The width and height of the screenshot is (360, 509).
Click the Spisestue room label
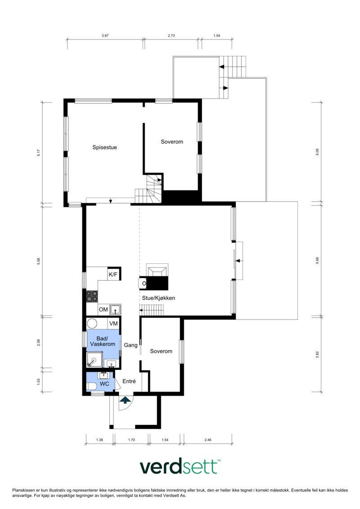click(105, 147)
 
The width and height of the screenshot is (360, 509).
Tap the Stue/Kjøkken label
click(159, 298)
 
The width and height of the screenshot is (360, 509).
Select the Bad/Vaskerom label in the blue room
click(103, 341)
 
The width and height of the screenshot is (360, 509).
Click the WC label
click(104, 384)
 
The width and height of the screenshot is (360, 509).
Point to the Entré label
click(129, 381)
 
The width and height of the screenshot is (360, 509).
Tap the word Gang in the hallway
click(130, 345)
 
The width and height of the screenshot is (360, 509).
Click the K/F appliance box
click(113, 274)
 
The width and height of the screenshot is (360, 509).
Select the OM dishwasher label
click(103, 309)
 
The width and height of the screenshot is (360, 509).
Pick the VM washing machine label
click(113, 324)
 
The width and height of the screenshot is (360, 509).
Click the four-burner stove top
click(92, 296)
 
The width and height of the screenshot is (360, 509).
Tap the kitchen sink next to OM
click(115, 309)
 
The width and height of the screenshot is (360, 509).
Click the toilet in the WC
click(91, 386)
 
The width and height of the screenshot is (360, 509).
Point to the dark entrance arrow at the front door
click(125, 399)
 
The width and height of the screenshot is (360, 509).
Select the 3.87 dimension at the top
click(105, 35)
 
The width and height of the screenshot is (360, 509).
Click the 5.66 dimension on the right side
click(317, 260)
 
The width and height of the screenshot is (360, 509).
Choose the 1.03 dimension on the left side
click(39, 381)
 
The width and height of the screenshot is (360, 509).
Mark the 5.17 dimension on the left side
click(39, 153)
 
